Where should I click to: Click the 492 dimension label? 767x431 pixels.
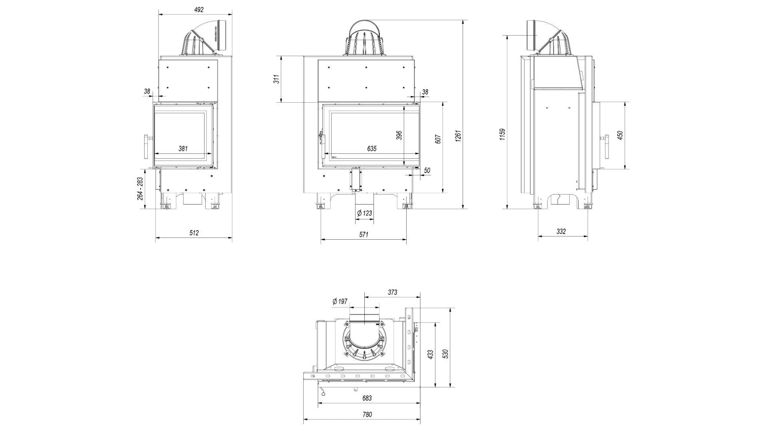click(x=199, y=10)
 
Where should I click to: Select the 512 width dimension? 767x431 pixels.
click(x=194, y=233)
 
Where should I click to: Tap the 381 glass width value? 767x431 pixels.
click(x=183, y=149)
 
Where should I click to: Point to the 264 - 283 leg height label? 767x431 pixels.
click(x=140, y=189)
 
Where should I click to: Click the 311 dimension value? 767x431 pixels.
click(x=276, y=79)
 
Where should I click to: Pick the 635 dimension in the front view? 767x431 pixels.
click(x=372, y=149)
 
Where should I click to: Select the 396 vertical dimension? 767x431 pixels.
click(x=399, y=135)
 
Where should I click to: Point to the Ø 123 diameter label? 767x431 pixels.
click(x=364, y=213)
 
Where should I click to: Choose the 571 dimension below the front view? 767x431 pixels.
click(x=363, y=235)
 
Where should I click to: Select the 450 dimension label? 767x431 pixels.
click(x=620, y=135)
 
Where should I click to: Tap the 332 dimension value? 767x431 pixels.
click(x=561, y=232)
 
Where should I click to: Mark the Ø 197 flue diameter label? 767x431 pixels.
click(x=340, y=302)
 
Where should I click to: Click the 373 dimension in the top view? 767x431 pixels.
click(x=392, y=292)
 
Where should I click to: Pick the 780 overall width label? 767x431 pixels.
click(x=367, y=414)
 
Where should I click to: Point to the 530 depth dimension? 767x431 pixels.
click(x=446, y=354)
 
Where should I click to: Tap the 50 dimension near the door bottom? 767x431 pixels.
click(x=427, y=171)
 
